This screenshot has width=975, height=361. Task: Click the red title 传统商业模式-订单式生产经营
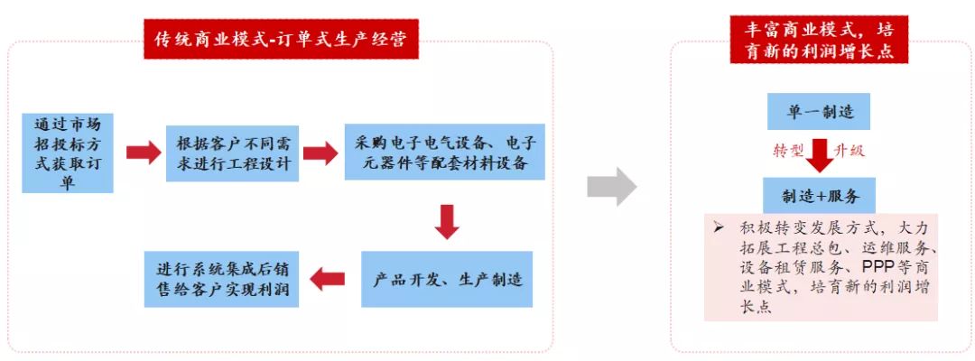tap(281, 39)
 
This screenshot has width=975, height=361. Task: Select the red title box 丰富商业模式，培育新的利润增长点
tap(819, 40)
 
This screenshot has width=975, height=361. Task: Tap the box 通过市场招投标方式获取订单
tap(68, 153)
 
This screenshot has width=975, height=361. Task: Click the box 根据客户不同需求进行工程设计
tap(233, 153)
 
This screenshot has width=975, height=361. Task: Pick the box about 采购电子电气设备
tap(445, 153)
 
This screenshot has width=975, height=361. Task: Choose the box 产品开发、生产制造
tap(447, 279)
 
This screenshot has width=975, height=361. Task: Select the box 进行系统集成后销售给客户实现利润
tap(222, 279)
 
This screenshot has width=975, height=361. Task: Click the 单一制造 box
tap(818, 112)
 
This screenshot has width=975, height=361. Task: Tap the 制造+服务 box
tap(820, 196)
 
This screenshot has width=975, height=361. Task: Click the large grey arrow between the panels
tap(612, 186)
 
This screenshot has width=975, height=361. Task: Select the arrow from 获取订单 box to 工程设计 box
tap(144, 153)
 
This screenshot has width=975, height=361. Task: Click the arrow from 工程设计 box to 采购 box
tap(320, 153)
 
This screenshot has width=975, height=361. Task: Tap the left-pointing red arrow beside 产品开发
tap(327, 279)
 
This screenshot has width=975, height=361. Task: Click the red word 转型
tap(788, 151)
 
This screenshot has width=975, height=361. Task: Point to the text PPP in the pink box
tap(880, 266)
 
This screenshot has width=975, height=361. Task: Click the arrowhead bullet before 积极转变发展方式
tap(720, 227)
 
